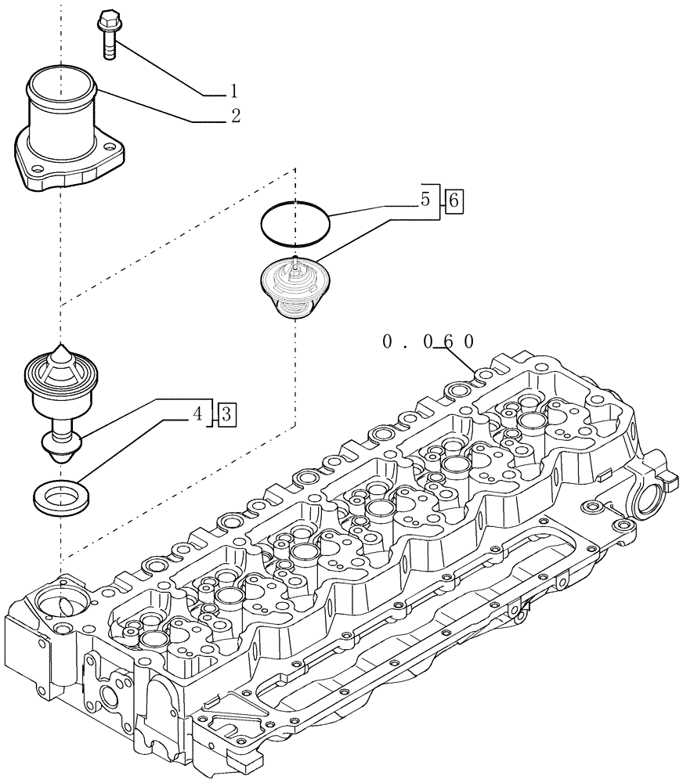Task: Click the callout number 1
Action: [233, 91]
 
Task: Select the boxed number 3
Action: [224, 413]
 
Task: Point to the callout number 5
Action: [426, 200]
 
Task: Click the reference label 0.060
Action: [428, 342]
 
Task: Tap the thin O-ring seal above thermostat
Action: [295, 223]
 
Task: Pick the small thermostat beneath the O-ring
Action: [294, 287]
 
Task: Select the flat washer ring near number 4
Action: [60, 496]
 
